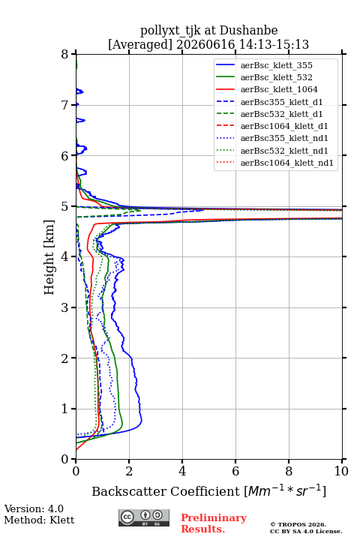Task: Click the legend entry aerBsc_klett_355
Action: (276, 65)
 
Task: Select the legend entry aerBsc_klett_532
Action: (276, 77)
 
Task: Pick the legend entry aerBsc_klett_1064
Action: (279, 89)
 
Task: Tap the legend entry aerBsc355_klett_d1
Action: (281, 102)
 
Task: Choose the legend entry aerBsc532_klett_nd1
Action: (284, 151)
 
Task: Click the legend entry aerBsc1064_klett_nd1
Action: (287, 163)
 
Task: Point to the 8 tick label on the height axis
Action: (65, 55)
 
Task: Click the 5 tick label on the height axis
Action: (65, 207)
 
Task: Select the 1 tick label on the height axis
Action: (65, 409)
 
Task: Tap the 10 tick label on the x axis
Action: (341, 471)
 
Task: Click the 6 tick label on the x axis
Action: (235, 471)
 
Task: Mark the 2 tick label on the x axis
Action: (129, 471)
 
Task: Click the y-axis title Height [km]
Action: (49, 257)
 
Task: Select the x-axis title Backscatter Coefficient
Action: (166, 491)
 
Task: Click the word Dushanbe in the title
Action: (249, 31)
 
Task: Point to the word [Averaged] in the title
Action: (140, 44)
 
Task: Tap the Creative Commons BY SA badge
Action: (144, 518)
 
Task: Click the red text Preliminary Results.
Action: (214, 523)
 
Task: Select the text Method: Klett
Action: (39, 520)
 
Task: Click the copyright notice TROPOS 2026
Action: (298, 524)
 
